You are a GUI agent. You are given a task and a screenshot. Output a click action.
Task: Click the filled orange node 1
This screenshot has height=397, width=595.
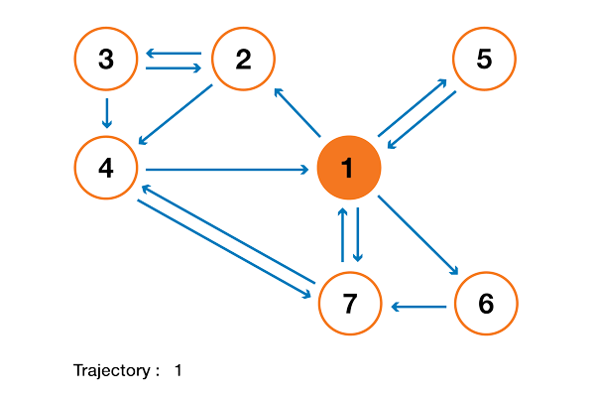click(x=348, y=169)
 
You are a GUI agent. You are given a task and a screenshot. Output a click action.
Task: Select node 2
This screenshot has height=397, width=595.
click(x=242, y=60)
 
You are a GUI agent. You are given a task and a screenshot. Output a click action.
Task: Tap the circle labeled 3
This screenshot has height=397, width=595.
click(x=106, y=60)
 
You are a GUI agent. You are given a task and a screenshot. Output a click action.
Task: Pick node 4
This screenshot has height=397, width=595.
click(x=106, y=169)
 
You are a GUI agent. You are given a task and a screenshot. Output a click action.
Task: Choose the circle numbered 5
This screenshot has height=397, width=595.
click(x=484, y=60)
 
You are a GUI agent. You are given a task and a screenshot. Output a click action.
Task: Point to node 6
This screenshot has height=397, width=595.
click(x=486, y=304)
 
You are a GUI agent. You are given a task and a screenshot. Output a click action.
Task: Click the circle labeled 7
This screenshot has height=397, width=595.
click(x=349, y=304)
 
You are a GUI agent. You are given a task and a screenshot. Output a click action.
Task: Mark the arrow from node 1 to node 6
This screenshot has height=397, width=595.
click(x=418, y=235)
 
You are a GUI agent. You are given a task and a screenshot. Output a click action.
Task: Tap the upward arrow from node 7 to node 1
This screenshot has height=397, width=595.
click(x=342, y=234)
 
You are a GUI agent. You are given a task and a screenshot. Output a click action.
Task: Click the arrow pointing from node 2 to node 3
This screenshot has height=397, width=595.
click(x=174, y=53)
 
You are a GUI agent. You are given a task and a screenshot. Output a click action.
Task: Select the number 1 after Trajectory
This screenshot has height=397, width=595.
click(x=178, y=371)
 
